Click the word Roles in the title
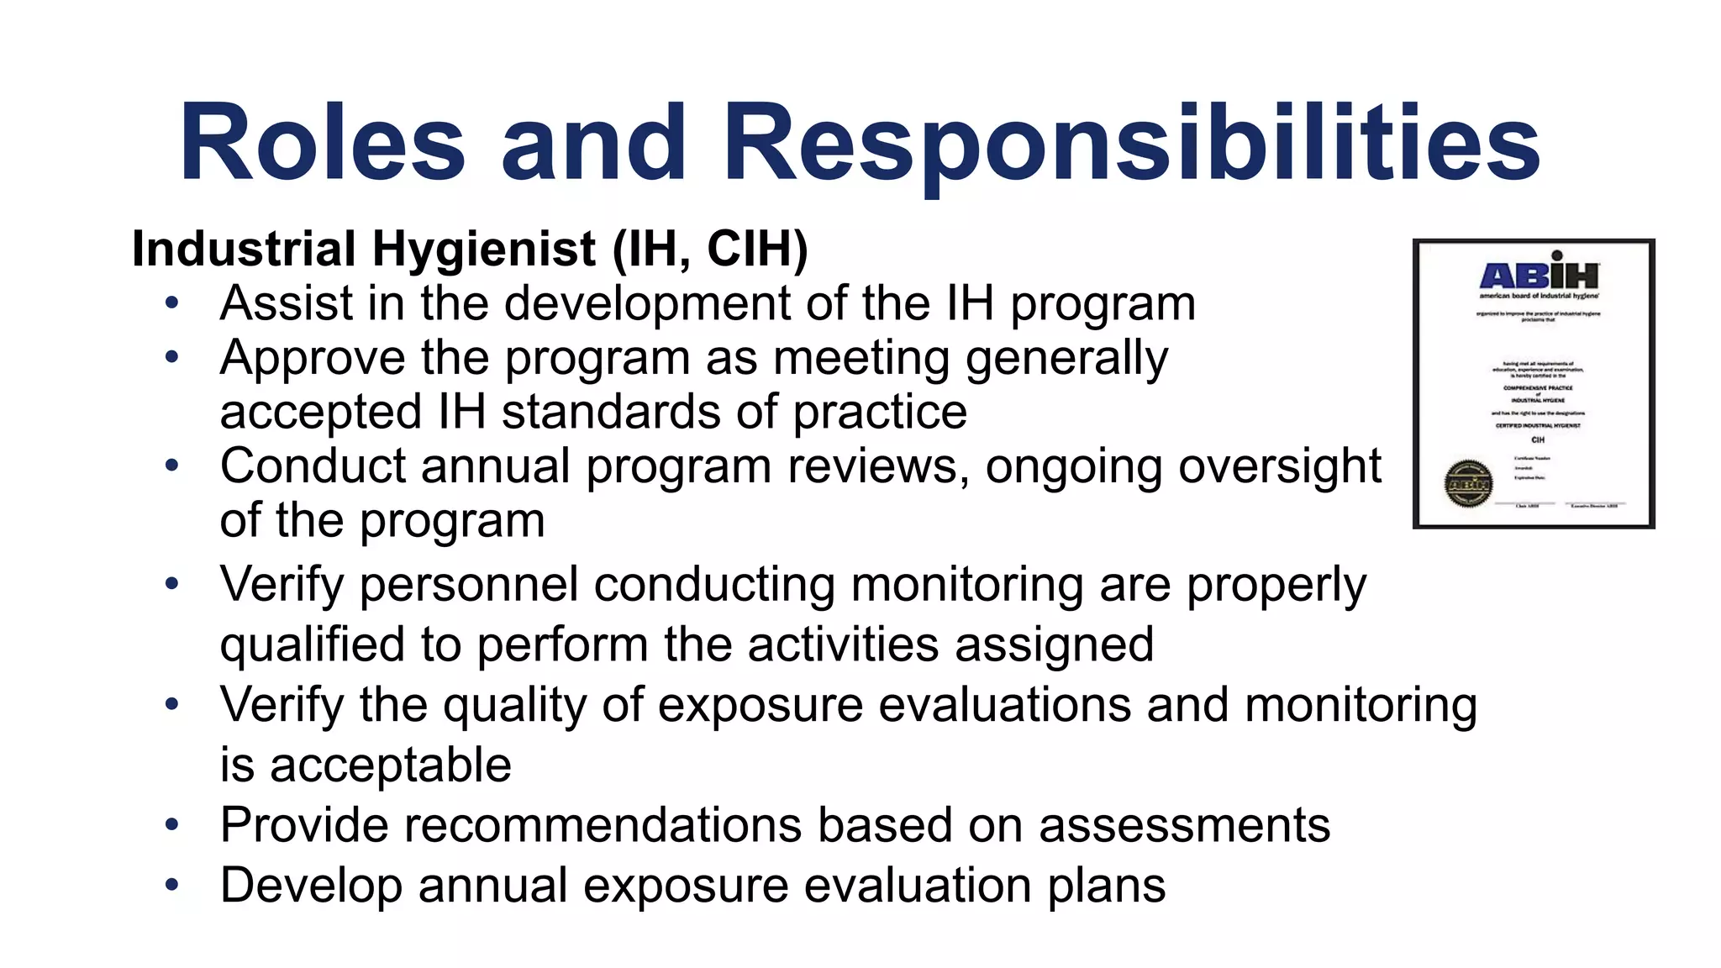322,142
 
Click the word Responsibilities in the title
1130,142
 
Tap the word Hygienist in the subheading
484,250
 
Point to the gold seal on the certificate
1467,484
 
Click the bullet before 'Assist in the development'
172,303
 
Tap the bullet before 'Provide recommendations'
172,824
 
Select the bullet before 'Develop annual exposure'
172,885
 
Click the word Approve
313,359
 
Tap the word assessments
1185,825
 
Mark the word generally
1066,359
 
